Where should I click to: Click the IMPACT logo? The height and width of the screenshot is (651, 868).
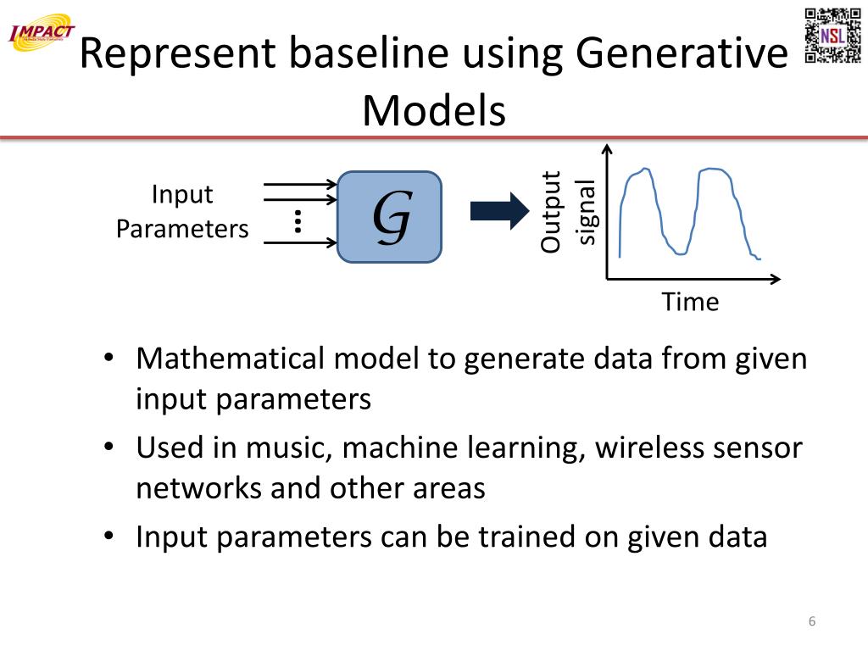42,33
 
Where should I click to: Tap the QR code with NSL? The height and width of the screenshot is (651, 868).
832,36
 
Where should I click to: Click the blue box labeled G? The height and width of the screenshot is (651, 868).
390,216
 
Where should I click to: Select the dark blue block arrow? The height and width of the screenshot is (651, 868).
498,211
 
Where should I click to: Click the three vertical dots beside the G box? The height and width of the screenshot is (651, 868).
298,220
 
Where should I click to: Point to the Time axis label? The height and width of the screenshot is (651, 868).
690,302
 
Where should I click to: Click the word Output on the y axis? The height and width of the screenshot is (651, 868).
551,212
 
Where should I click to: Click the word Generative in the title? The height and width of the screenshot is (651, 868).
681,54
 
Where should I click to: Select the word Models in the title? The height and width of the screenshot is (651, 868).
434,110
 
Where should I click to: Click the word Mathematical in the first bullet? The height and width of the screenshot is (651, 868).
230,359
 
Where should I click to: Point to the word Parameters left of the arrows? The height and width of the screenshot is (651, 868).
182,229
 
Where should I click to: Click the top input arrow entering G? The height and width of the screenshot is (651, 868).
301,184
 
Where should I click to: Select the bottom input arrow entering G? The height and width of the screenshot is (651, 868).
301,244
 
